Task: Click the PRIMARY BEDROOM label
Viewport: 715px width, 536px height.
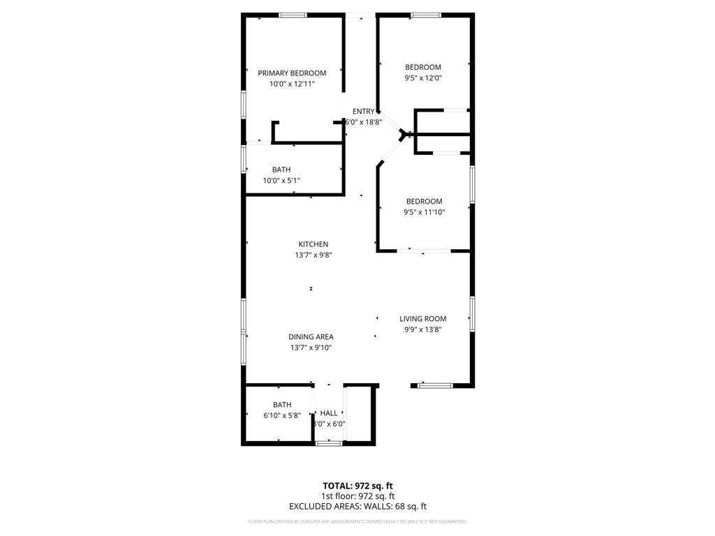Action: click(292, 73)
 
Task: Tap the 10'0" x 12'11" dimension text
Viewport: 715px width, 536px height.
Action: click(292, 84)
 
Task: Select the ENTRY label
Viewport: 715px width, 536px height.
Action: click(363, 112)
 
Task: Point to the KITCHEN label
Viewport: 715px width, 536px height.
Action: click(314, 244)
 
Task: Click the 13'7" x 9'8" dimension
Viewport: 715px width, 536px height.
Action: click(313, 255)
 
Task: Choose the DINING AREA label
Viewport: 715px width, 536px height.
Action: click(311, 337)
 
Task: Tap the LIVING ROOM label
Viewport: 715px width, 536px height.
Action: click(423, 319)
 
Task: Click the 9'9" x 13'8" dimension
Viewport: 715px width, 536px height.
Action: click(423, 329)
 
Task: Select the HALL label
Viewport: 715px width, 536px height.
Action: click(329, 413)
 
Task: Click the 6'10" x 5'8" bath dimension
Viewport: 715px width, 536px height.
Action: click(282, 415)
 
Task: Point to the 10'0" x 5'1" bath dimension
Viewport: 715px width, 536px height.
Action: click(281, 180)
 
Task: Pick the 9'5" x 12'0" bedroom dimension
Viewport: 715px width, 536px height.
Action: click(423, 78)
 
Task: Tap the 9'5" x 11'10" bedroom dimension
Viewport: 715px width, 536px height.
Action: click(425, 212)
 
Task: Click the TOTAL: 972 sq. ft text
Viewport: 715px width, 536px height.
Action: click(357, 486)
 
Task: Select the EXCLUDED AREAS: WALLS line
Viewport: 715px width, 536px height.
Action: click(357, 507)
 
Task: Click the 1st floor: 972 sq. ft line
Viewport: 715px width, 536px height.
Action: click(357, 496)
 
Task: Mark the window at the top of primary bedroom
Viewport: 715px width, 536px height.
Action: click(293, 15)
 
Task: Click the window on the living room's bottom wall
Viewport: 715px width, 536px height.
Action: click(436, 385)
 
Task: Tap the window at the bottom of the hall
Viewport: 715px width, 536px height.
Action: click(329, 443)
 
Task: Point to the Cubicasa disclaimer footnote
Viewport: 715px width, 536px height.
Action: click(357, 521)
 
